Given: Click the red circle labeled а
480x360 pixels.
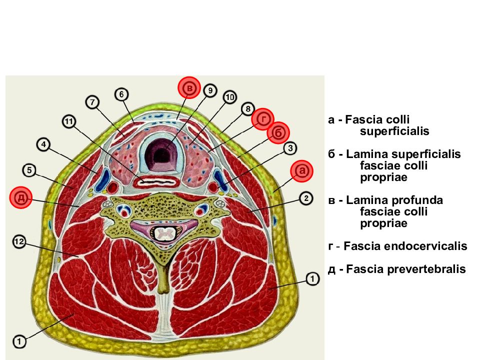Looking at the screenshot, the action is (x=302, y=171).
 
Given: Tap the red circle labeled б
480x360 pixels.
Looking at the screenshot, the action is (x=278, y=133).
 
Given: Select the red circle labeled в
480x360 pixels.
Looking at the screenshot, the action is (x=189, y=88).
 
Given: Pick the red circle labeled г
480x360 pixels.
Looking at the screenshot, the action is (x=262, y=119).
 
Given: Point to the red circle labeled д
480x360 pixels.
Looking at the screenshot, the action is (x=21, y=197).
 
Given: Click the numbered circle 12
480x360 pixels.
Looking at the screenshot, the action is (x=19, y=242).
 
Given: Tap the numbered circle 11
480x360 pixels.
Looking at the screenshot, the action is (x=69, y=122).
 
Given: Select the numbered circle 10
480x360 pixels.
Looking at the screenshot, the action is (x=230, y=97).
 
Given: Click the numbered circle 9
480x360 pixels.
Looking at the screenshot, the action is (x=210, y=90).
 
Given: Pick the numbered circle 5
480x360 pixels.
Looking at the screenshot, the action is (x=29, y=170).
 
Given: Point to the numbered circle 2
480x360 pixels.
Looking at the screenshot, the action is (x=306, y=198).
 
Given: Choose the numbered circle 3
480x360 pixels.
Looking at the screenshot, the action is (x=290, y=148).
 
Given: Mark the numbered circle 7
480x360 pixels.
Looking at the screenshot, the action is (x=92, y=102).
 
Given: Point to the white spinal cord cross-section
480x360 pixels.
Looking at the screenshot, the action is (x=164, y=234).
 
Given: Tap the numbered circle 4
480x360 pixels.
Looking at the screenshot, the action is (x=43, y=144).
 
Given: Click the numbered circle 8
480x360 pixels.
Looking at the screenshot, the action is (x=247, y=108).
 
